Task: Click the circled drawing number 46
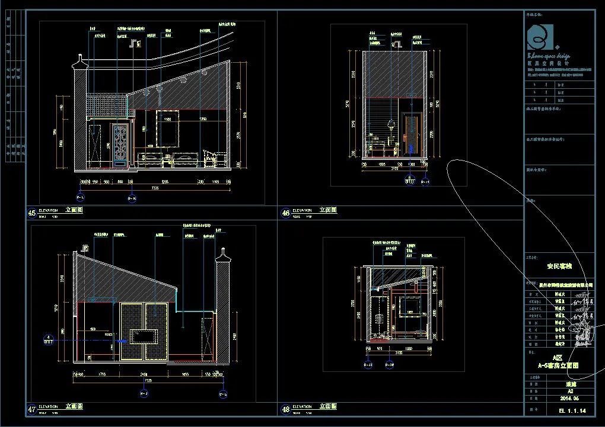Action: click(x=285, y=213)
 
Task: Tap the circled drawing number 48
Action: click(x=285, y=409)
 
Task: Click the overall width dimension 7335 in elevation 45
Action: click(x=155, y=188)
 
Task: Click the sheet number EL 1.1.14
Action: click(x=572, y=410)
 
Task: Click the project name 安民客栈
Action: click(x=558, y=266)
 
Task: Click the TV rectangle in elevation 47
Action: click(x=145, y=336)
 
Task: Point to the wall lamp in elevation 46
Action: click(x=391, y=125)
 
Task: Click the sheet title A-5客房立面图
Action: click(x=558, y=365)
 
